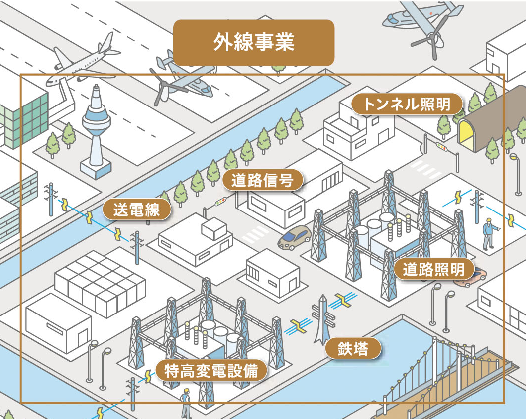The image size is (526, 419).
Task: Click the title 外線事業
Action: point(254,43)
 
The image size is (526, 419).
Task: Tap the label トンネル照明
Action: point(407,105)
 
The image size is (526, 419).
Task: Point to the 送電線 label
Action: point(136,210)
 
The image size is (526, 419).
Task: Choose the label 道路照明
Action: point(433,269)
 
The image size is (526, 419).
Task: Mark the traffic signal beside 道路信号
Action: point(219,202)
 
